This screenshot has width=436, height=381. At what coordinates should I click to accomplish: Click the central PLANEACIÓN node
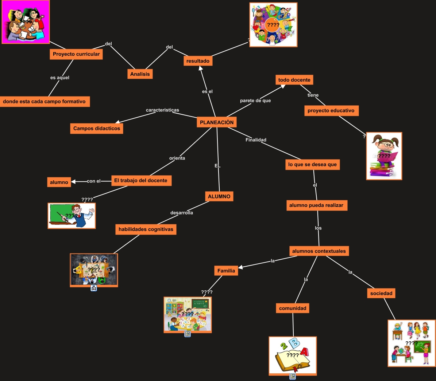[x=217, y=122]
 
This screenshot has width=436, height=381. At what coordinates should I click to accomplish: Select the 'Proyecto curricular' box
[x=76, y=54]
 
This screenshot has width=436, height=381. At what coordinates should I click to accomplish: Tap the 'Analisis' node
[x=140, y=74]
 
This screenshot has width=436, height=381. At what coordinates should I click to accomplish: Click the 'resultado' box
[x=198, y=61]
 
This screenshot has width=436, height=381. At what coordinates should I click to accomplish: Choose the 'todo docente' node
[x=294, y=80]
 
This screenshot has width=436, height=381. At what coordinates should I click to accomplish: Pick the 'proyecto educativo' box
[x=331, y=111]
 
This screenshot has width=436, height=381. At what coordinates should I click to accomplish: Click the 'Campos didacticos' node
[x=97, y=128]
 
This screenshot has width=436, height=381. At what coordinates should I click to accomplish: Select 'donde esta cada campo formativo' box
[x=45, y=102]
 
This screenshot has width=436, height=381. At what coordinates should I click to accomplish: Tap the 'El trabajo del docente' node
[x=141, y=181]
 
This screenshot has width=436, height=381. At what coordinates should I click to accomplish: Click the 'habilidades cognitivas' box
[x=146, y=229]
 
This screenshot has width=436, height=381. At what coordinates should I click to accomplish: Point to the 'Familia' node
[x=226, y=271]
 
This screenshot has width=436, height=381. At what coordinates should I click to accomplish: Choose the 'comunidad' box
[x=293, y=308]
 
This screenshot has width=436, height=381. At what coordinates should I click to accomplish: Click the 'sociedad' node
[x=381, y=293]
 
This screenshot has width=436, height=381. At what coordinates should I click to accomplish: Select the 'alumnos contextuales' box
[x=319, y=251]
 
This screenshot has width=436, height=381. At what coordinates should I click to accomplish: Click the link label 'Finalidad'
[x=256, y=140]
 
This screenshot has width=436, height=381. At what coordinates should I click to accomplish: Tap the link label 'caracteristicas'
[x=162, y=110]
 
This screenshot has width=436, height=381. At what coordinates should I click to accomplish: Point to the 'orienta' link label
[x=177, y=158]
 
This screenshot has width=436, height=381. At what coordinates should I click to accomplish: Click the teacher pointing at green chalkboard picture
[x=72, y=216]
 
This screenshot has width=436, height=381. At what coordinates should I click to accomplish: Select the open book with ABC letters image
[x=293, y=355]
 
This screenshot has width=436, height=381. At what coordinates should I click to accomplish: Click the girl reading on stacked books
[x=384, y=156]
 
